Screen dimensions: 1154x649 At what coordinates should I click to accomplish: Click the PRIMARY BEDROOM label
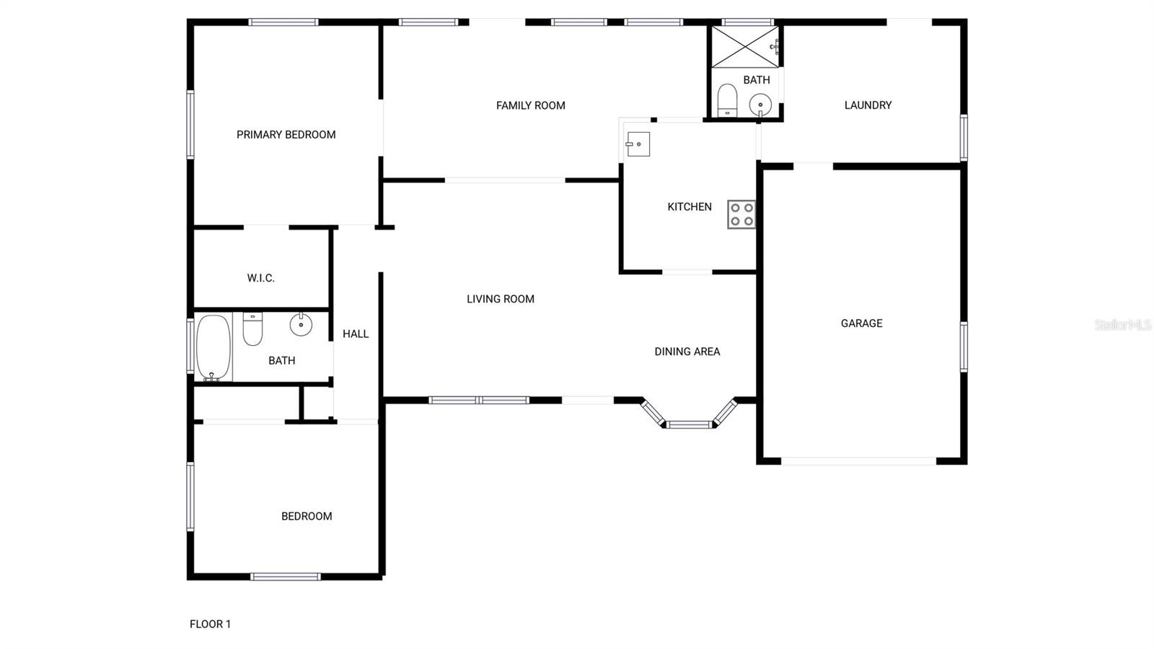click(x=286, y=135)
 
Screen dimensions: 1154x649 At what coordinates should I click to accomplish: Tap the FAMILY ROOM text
click(x=531, y=105)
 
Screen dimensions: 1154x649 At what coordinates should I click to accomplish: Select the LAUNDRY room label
click(x=868, y=105)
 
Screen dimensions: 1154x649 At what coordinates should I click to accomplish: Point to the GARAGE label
click(x=861, y=323)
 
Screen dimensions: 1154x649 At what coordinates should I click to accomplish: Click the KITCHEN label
click(x=690, y=206)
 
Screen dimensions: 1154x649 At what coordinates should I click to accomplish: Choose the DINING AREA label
click(x=687, y=352)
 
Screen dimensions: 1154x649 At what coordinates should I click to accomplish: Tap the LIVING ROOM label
click(x=501, y=299)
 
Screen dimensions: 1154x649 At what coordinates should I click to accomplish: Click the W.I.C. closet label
click(x=260, y=279)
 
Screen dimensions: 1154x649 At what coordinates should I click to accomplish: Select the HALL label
click(x=356, y=334)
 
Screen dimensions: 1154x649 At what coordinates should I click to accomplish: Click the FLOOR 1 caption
click(x=210, y=624)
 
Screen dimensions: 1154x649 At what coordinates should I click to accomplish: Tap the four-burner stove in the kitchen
click(x=741, y=214)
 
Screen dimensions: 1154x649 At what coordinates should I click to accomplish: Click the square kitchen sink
click(x=638, y=144)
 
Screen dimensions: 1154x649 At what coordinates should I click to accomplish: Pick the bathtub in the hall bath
click(x=213, y=347)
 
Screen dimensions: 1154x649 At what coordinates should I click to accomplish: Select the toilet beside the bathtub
click(x=252, y=329)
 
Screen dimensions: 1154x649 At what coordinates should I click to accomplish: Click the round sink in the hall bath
click(x=301, y=324)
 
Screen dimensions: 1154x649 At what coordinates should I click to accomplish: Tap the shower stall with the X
click(x=746, y=47)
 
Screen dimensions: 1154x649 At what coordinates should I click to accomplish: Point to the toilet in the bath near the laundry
click(x=728, y=100)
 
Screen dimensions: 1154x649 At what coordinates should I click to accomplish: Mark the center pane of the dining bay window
click(x=689, y=424)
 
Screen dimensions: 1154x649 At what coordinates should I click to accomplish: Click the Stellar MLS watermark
click(x=1123, y=325)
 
